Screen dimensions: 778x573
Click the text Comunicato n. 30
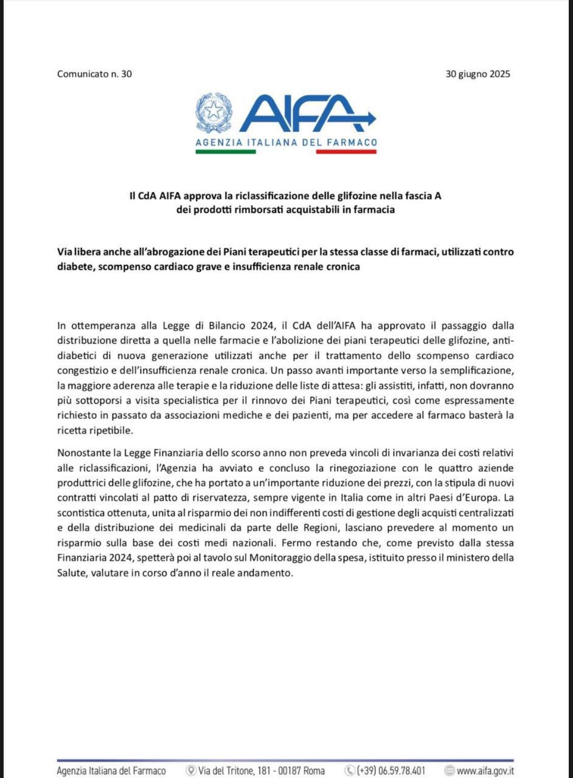(94, 74)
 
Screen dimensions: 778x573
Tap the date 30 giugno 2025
(477, 74)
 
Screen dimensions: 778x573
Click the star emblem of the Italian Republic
(214, 112)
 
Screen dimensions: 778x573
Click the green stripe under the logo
(225, 151)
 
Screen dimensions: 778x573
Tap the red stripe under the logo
(346, 151)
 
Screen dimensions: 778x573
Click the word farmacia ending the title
(375, 210)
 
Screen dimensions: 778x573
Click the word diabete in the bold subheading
(74, 267)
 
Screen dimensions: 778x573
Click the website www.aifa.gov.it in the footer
(485, 771)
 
